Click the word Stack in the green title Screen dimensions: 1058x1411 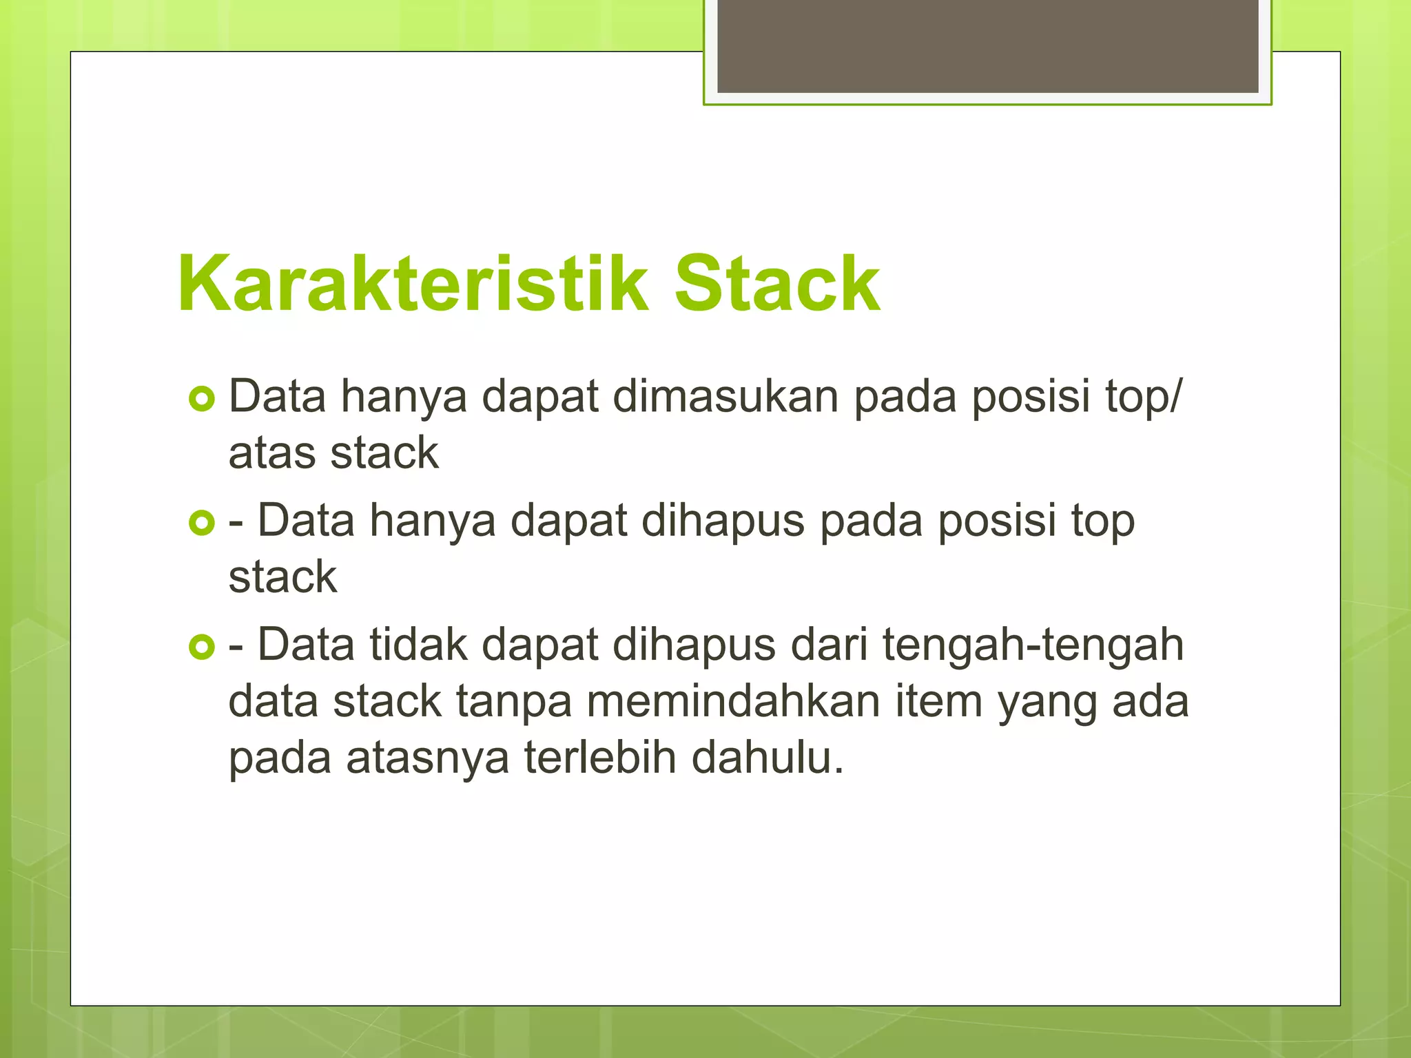click(777, 284)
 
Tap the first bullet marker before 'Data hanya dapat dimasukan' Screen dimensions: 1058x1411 click(202, 399)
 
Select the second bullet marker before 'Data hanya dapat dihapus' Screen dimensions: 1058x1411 click(202, 523)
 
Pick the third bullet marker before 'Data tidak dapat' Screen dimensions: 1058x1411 click(202, 647)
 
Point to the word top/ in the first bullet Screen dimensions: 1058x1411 click(1143, 398)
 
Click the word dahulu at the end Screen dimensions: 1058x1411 click(767, 758)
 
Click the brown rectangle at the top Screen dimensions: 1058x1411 click(987, 45)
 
